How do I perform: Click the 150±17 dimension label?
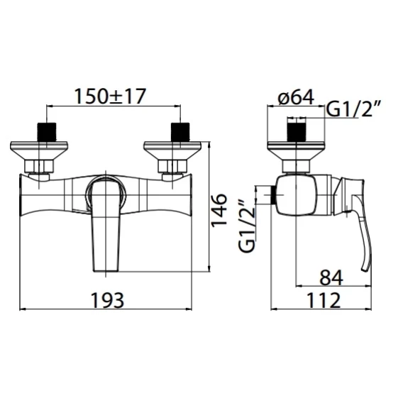[x=110, y=96]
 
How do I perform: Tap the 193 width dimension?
[x=108, y=300]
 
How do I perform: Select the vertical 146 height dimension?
[x=219, y=210]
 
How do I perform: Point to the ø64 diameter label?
[x=296, y=97]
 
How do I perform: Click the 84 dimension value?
[x=331, y=277]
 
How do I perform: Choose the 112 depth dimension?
[x=324, y=300]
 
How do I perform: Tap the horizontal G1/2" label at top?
[x=353, y=109]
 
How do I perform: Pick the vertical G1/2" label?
[x=247, y=226]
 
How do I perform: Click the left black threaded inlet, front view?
[x=47, y=132]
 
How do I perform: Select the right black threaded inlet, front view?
[x=180, y=132]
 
